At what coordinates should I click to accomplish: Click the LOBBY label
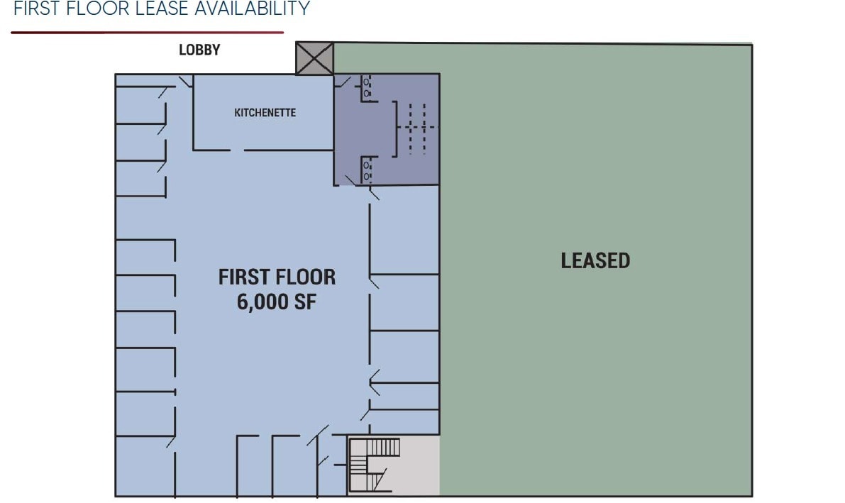(199, 50)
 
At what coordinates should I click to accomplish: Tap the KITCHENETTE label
(265, 113)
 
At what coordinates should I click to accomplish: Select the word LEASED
(595, 261)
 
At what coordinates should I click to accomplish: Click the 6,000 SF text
(277, 302)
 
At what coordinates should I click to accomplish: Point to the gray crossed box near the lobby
(314, 58)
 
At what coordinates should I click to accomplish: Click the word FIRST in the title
(35, 9)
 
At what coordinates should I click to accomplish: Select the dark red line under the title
(147, 32)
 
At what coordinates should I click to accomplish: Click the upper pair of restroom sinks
(367, 87)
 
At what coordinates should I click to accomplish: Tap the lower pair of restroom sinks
(367, 170)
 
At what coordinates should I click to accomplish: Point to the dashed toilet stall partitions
(417, 128)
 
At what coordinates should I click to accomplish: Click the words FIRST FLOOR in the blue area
(277, 277)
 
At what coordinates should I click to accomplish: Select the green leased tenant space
(596, 355)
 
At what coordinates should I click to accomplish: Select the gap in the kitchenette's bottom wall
(237, 150)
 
